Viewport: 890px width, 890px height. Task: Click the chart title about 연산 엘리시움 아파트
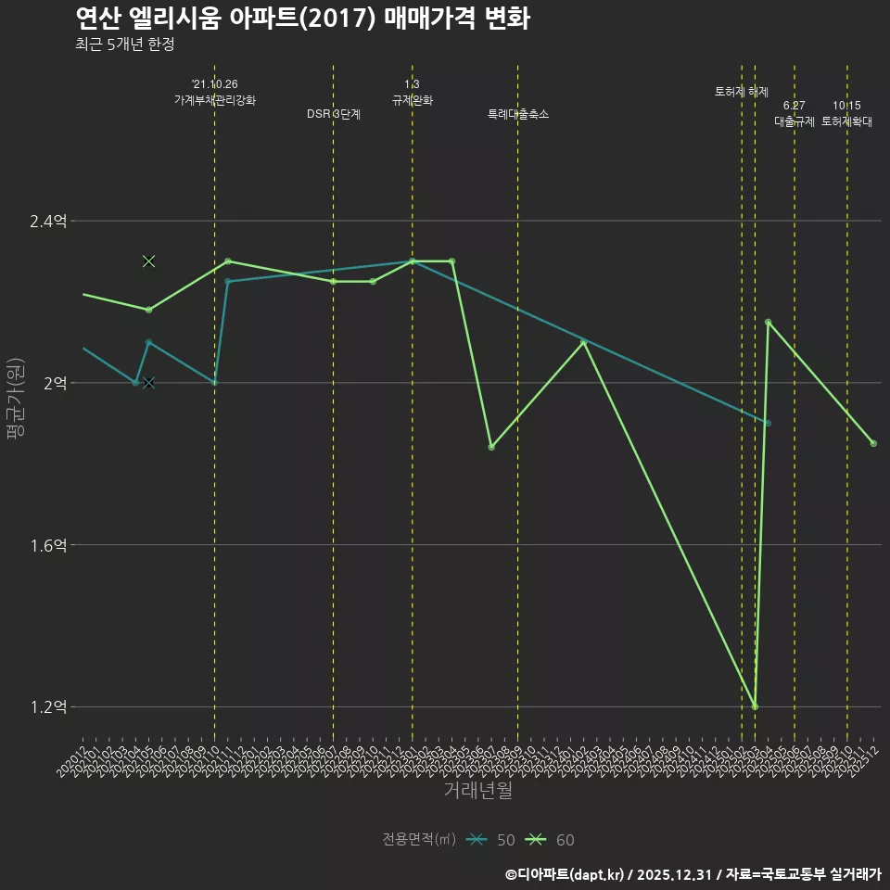[302, 19]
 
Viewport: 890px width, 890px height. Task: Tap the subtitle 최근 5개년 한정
[125, 44]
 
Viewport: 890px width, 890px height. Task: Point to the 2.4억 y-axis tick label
[49, 221]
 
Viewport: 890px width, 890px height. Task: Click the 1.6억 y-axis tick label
[49, 545]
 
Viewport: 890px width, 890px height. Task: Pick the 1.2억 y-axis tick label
[49, 707]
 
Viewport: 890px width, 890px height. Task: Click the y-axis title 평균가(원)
[15, 399]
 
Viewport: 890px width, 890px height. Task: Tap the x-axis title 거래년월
[477, 791]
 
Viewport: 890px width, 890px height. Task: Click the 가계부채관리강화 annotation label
[215, 99]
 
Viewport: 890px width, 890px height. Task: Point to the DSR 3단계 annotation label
[334, 114]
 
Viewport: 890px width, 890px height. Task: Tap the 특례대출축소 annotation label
[518, 114]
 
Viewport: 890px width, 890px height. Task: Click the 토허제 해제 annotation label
[742, 92]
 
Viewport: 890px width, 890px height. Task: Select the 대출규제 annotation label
[795, 121]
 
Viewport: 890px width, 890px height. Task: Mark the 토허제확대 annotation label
[846, 121]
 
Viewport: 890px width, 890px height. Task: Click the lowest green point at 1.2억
[756, 706]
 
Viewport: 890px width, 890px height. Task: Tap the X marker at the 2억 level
[148, 383]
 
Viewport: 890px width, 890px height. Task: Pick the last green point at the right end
[873, 443]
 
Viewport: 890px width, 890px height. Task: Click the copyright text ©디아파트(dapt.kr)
[566, 874]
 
